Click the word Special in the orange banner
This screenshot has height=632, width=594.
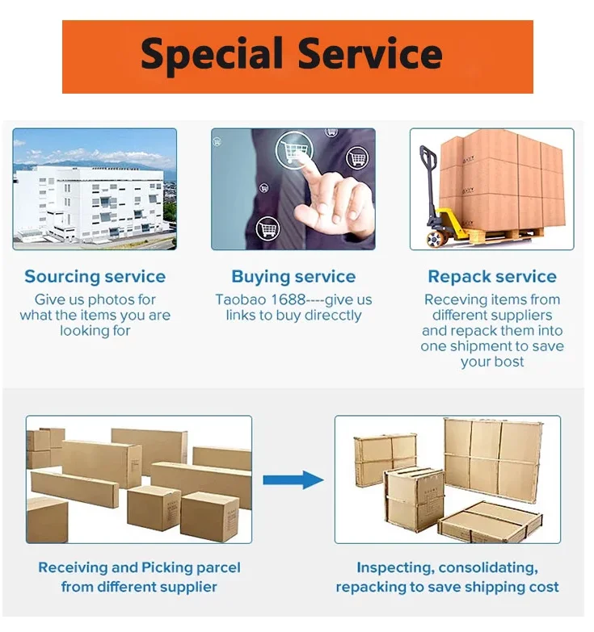pos(213,55)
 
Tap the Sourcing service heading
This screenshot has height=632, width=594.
pos(95,277)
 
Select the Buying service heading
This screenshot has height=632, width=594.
pos(293,277)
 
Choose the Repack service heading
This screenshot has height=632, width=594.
pos(492,277)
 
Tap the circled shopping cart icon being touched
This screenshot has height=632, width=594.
pos(293,150)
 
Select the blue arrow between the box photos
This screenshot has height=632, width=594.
pos(293,479)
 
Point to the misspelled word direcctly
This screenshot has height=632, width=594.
pos(327,315)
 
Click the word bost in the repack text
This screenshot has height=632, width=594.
pos(509,362)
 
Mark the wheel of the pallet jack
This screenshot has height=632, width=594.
pos(436,239)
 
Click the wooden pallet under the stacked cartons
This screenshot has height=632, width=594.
pos(501,235)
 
